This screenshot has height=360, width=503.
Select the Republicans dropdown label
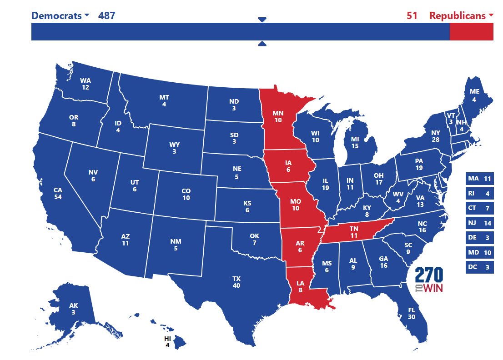click(461, 15)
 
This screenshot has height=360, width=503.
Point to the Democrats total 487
click(106, 15)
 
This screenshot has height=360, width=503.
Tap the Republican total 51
click(412, 15)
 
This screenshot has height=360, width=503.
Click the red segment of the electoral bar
click(471, 31)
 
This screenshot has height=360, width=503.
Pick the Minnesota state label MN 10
click(278, 116)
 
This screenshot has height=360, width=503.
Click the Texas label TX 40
click(236, 282)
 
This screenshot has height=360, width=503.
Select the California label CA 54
click(58, 193)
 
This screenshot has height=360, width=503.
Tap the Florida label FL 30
click(412, 314)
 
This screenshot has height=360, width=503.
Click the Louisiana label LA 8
click(301, 286)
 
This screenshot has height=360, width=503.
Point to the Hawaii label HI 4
click(167, 342)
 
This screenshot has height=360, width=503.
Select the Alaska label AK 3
click(73, 309)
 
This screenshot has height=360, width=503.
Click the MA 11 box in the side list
click(479, 179)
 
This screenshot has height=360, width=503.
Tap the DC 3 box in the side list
click(479, 267)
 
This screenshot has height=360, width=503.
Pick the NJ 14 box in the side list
click(479, 223)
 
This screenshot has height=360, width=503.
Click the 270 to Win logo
click(428, 280)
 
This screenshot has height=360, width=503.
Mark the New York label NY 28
click(435, 136)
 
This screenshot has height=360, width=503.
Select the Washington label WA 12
click(86, 84)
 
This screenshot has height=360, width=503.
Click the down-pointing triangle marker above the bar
click(262, 20)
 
